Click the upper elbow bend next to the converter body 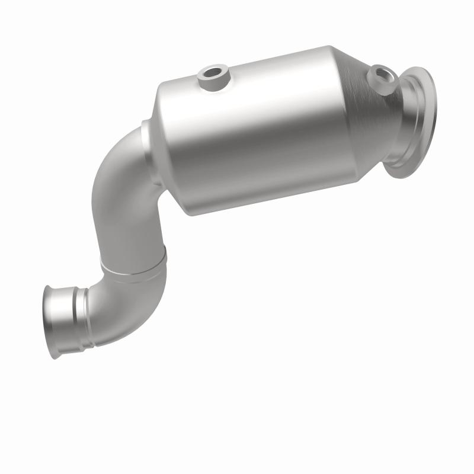[x=116, y=172]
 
